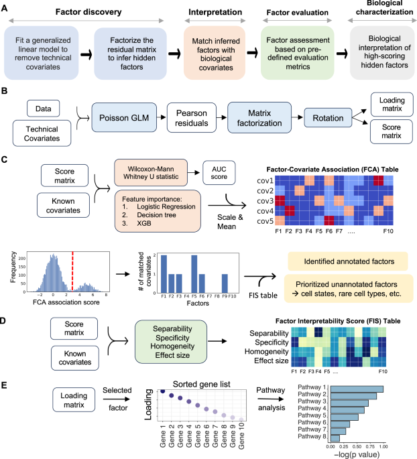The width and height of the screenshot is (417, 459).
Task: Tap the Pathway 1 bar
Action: pos(355,388)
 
